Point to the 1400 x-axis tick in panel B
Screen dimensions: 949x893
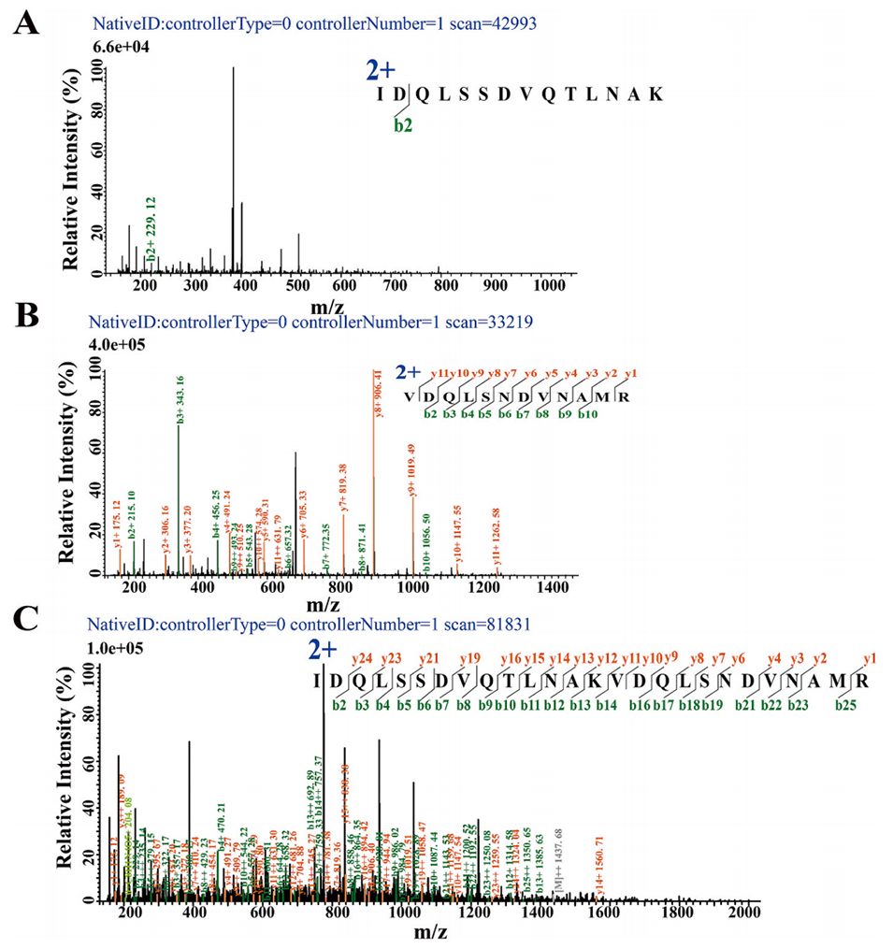coord(553,587)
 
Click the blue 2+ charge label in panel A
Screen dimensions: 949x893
coord(381,72)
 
